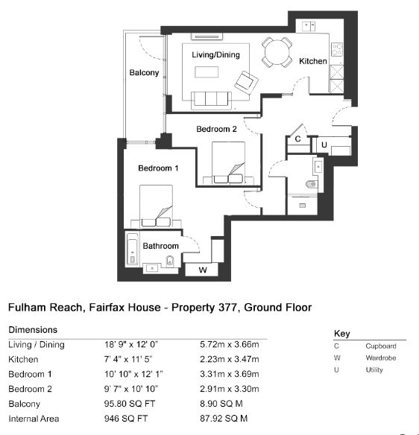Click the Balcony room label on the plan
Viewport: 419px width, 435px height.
pyautogui.click(x=144, y=73)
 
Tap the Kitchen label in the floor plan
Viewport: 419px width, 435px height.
pyautogui.click(x=313, y=61)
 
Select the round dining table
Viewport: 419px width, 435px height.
pyautogui.click(x=277, y=52)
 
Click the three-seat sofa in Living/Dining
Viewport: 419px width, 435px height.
pyautogui.click(x=211, y=100)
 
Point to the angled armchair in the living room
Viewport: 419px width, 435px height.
pyautogui.click(x=246, y=82)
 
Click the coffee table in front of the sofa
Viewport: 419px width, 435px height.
pyautogui.click(x=207, y=72)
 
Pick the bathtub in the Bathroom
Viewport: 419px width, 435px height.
pyautogui.click(x=132, y=249)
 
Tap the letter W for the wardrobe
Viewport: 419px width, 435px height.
pyautogui.click(x=203, y=270)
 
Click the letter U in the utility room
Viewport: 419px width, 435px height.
pyautogui.click(x=324, y=145)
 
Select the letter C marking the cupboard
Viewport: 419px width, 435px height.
pyautogui.click(x=297, y=139)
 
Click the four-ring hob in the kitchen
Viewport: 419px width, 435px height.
pyautogui.click(x=337, y=49)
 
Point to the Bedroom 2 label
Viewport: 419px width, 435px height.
pyautogui.click(x=216, y=129)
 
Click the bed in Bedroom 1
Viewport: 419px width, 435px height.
pyautogui.click(x=156, y=206)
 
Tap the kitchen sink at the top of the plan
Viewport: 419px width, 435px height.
pyautogui.click(x=309, y=26)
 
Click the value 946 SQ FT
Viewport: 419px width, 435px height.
pyautogui.click(x=126, y=419)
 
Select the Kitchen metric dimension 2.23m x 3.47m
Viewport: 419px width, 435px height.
pyautogui.click(x=230, y=359)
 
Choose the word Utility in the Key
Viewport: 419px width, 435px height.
pyautogui.click(x=374, y=369)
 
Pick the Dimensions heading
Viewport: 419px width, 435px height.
pyautogui.click(x=33, y=329)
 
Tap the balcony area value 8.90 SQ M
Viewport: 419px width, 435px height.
pyautogui.click(x=221, y=404)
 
